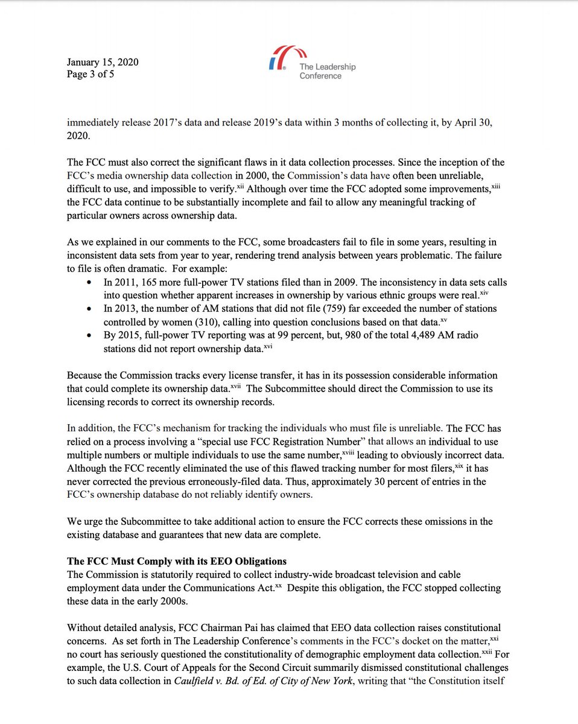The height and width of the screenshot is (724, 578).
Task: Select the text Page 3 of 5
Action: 91,75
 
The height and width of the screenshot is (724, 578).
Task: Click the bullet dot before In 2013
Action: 90,309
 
